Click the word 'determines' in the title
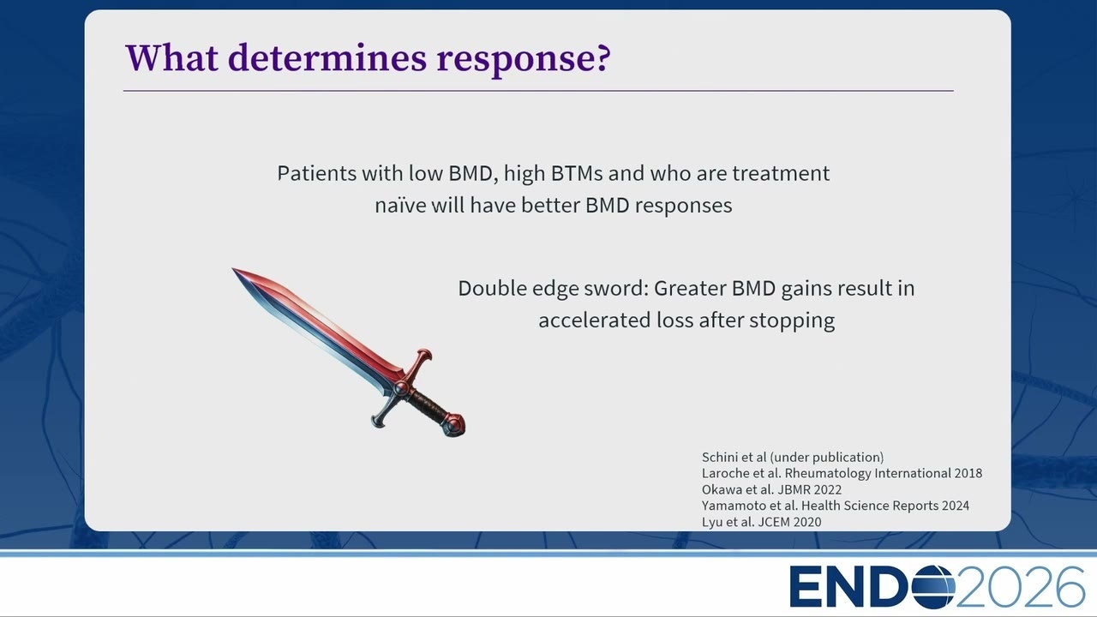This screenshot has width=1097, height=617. tap(327, 58)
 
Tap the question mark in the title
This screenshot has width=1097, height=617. tap(603, 57)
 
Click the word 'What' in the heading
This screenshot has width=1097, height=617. tap(171, 58)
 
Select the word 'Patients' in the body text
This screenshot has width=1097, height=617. tap(317, 173)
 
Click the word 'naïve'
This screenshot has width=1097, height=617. tap(399, 205)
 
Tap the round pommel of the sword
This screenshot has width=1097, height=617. tap(454, 424)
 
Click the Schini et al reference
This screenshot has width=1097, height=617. tap(793, 458)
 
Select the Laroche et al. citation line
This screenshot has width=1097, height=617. tap(842, 474)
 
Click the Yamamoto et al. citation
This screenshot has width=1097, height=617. tap(835, 506)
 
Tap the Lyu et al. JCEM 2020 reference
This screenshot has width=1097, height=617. tap(761, 522)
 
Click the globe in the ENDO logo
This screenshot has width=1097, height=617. tap(933, 587)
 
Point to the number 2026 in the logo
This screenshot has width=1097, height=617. tap(1021, 587)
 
